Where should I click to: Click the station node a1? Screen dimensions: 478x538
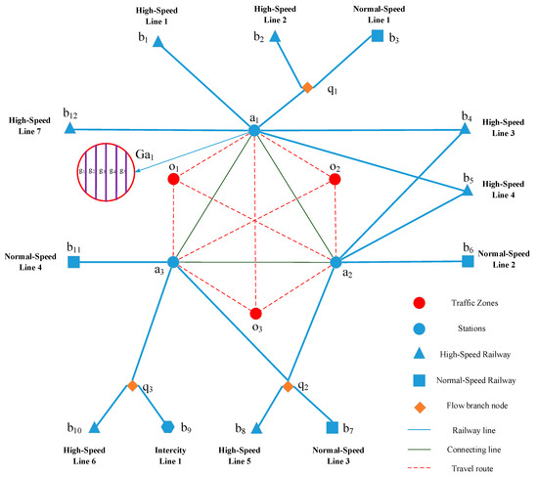pos(253,130)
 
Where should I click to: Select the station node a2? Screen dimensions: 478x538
pos(336,262)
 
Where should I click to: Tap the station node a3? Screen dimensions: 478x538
pos(172,262)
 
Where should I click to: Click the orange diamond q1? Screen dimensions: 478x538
pos(307,88)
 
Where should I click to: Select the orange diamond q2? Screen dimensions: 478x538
pos(288,387)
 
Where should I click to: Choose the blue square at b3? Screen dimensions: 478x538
pos(378,37)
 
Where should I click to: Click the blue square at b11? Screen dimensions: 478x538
pos(73,262)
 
